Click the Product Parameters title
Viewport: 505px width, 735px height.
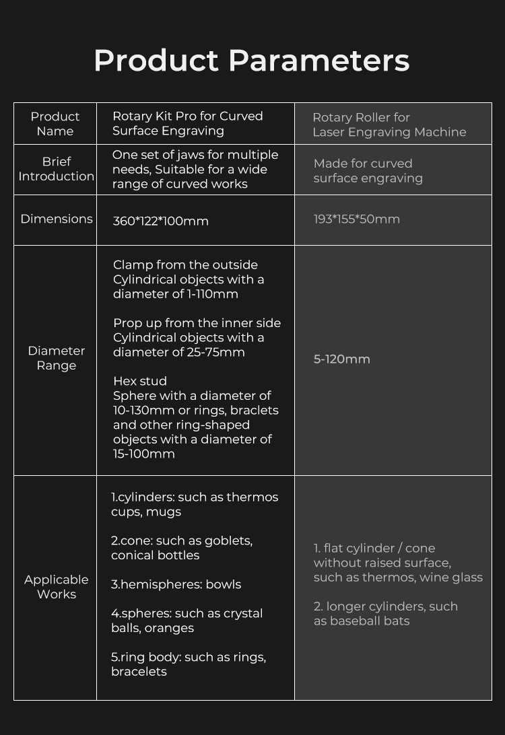pos(252,61)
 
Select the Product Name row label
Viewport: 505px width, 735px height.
pos(55,124)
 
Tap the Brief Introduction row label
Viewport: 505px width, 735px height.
pos(57,169)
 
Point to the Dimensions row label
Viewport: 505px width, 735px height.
pos(57,219)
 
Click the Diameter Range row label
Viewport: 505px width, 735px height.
pos(57,358)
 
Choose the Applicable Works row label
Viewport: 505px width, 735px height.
pos(57,587)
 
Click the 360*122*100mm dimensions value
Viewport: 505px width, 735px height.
pos(161,221)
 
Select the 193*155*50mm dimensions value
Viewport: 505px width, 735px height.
pos(357,219)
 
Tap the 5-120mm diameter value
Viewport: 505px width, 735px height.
pos(342,359)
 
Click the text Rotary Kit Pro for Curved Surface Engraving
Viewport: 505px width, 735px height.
pos(187,123)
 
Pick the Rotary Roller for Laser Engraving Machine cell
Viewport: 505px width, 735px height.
pos(389,125)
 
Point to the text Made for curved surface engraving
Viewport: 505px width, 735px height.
pos(368,171)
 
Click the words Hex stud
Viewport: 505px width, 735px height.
pos(139,381)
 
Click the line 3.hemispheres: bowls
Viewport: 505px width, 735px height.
pos(176,584)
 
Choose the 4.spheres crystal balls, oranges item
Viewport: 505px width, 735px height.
pos(187,621)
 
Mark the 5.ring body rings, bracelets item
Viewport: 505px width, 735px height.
pos(188,664)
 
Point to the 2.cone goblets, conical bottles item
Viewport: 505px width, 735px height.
pos(181,548)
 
